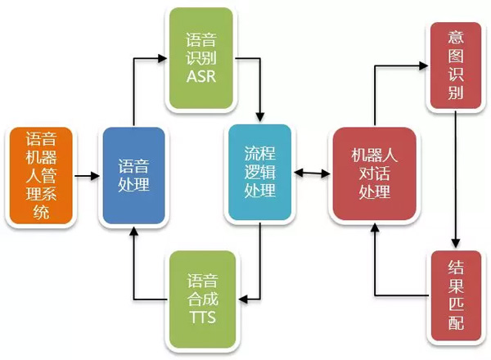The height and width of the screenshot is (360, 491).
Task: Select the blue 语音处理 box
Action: (132, 177)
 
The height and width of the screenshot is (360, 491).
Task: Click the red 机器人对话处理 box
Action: (374, 173)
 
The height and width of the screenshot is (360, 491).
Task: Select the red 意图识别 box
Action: (455, 66)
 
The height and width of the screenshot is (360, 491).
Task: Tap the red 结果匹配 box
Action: (455, 295)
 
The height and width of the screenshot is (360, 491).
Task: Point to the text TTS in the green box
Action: (201, 317)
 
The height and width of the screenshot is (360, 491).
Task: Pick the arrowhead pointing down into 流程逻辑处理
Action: (260, 117)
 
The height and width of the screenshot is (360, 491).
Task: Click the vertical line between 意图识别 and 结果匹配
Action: (456, 180)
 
